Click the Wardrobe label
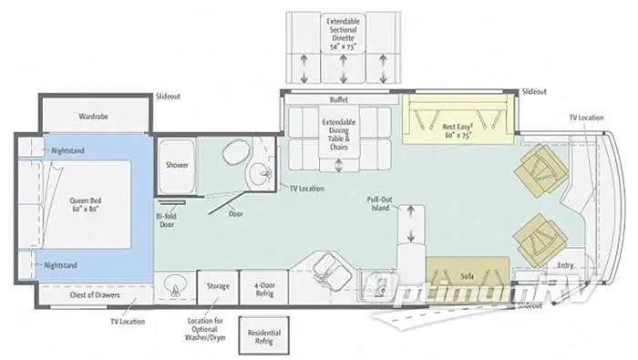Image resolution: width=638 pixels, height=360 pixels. click(x=94, y=118)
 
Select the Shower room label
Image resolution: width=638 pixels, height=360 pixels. click(x=176, y=166)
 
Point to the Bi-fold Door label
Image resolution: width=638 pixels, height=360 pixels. click(x=166, y=221)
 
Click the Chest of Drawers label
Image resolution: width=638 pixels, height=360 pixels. click(x=95, y=294)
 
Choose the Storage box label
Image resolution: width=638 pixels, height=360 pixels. click(x=217, y=287)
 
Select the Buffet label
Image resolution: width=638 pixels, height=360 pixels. click(x=339, y=99)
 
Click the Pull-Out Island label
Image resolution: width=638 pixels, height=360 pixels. click(x=379, y=202)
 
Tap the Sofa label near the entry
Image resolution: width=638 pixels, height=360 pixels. click(x=466, y=273)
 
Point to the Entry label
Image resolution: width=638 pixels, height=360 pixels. click(x=565, y=265)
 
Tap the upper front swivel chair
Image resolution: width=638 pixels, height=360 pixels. click(x=544, y=170)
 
